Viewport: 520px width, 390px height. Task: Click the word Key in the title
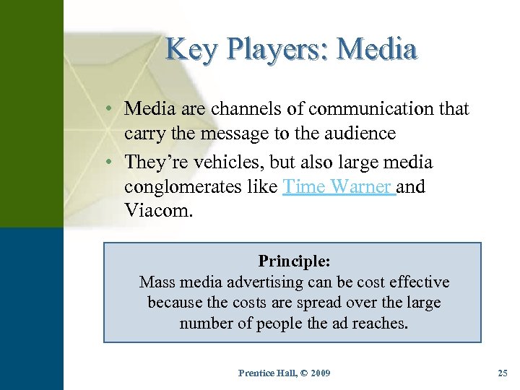click(x=186, y=50)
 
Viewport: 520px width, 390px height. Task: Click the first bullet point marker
click(x=107, y=109)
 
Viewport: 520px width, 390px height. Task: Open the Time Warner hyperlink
click(x=337, y=187)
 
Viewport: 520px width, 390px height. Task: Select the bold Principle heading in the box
click(x=292, y=261)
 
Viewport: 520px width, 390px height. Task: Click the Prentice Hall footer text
click(x=285, y=373)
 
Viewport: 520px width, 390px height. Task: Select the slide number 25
click(x=503, y=373)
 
